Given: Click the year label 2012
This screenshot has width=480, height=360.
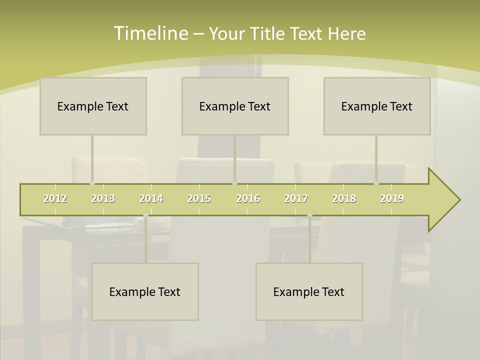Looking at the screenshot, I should point(55,198).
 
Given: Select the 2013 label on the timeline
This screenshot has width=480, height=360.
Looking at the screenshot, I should point(103,198).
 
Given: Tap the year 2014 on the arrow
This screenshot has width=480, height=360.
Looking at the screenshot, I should point(151,198).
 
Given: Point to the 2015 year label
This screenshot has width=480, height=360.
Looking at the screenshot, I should point(199,198).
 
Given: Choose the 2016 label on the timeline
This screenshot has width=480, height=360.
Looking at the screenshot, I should point(248,198).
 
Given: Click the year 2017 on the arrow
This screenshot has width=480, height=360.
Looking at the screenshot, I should point(296,198).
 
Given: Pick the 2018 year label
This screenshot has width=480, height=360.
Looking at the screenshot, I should point(344,198).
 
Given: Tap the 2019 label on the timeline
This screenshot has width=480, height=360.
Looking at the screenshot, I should point(392,198).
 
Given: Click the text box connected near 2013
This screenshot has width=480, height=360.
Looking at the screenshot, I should point(93,106).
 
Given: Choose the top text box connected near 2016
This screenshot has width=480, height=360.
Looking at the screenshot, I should point(235,106).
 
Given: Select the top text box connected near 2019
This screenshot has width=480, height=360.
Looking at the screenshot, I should point(377,106).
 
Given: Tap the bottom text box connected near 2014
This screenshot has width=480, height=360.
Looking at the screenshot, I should point(145,291).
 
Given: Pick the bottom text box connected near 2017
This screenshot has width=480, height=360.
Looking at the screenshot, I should point(309,291).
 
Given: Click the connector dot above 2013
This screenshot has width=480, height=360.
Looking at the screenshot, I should point(92,183).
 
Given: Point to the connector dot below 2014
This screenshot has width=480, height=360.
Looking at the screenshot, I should point(145,215).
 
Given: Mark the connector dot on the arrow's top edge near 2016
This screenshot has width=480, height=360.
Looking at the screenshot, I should point(234,183).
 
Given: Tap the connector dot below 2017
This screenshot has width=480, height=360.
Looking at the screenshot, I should point(309,215).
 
